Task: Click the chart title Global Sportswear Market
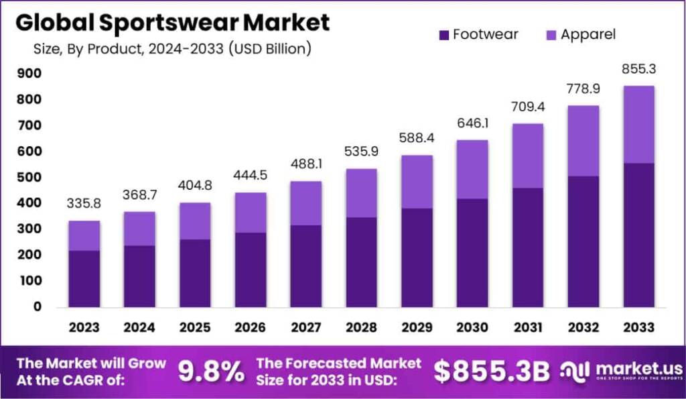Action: tap(172, 22)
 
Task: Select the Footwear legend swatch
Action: tap(443, 34)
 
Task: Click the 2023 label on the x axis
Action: tap(84, 327)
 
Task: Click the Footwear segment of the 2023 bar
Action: tap(84, 278)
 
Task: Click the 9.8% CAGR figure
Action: tap(211, 372)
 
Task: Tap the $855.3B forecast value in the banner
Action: tap(492, 372)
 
